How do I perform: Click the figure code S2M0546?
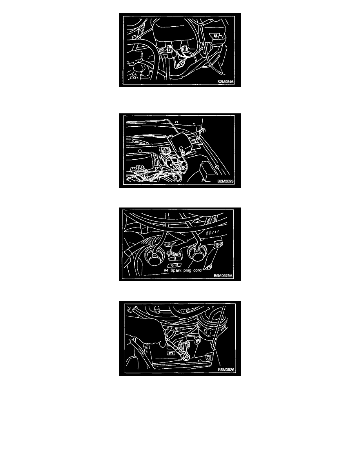(x=225, y=82)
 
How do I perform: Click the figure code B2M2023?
(x=225, y=181)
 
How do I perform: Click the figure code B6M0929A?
(x=224, y=275)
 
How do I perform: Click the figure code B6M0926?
(x=226, y=370)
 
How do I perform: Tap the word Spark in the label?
(x=176, y=270)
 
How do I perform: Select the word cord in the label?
(x=197, y=270)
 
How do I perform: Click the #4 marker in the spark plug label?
(x=166, y=270)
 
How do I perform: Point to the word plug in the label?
(x=187, y=271)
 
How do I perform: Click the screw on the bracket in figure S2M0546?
(x=215, y=36)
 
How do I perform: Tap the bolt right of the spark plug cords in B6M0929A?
(x=218, y=245)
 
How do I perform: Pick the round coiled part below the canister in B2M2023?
(x=166, y=154)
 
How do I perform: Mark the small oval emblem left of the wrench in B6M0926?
(x=171, y=353)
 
